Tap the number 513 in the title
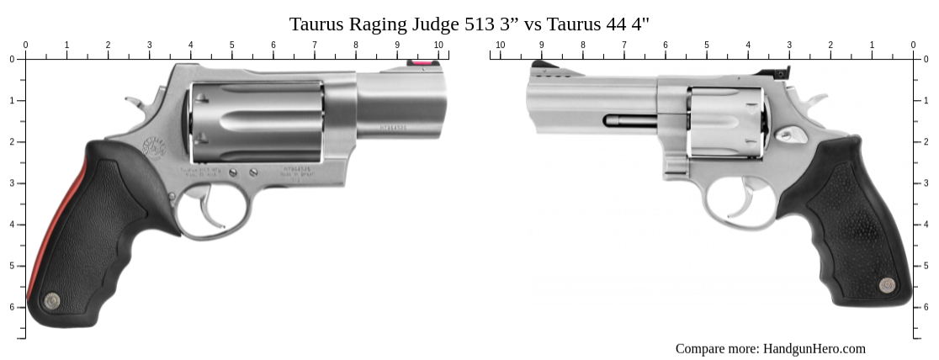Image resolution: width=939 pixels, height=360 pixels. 479,24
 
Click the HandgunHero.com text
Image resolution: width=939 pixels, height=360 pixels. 813,348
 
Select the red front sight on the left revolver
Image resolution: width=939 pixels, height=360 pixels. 418,63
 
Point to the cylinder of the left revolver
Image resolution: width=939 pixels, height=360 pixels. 257,121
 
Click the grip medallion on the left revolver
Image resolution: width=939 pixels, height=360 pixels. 51,299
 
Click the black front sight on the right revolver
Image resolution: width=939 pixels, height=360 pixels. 539,64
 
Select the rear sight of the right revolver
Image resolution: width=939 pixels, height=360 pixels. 782,72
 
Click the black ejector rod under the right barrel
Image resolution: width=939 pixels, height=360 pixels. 627,120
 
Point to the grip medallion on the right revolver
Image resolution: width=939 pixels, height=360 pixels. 887,285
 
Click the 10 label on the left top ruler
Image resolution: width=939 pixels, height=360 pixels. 438,45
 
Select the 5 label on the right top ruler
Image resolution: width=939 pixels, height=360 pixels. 707,45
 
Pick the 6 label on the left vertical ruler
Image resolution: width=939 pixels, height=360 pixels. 12,307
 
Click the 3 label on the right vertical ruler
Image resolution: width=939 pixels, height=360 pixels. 926,183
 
